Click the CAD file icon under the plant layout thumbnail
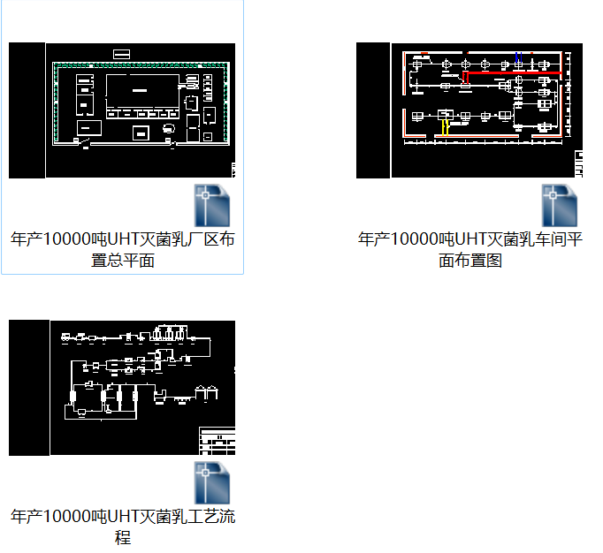213,205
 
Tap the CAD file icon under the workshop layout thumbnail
561,205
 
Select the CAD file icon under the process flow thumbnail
213,482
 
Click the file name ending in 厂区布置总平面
122,249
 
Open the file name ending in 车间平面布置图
470,249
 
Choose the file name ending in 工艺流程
122,526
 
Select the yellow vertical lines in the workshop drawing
444,127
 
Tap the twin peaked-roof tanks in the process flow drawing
209,391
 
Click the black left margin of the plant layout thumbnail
27,110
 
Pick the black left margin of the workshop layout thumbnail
372,110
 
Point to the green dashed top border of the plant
141,64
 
